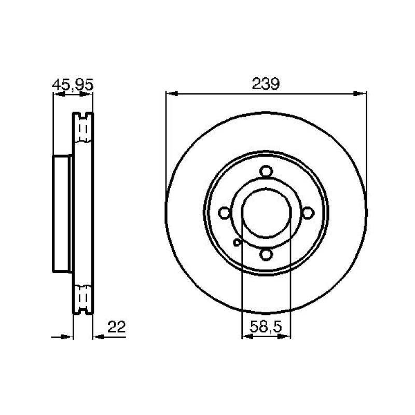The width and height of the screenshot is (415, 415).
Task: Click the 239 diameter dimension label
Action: (266, 84)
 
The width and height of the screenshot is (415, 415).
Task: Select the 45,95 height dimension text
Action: (73, 85)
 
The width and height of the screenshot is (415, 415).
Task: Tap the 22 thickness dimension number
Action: (116, 327)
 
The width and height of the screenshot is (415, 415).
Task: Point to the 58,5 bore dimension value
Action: (266, 327)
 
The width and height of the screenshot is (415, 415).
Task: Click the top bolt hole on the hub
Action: (266, 171)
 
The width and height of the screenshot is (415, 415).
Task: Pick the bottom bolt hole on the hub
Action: (266, 255)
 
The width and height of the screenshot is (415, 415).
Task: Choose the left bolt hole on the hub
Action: (225, 213)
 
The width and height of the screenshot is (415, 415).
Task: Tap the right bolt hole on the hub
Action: (308, 213)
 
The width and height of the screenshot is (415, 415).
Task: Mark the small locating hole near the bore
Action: (237, 242)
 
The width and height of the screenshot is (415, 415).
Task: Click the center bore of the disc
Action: (266, 213)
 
